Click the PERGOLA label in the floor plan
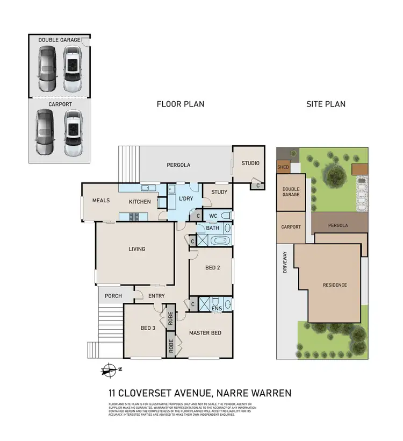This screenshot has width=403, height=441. [178, 165]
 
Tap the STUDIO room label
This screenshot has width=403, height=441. [250, 163]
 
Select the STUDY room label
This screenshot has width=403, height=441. [219, 192]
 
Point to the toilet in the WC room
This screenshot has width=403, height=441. [228, 216]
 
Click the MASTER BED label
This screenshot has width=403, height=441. [205, 333]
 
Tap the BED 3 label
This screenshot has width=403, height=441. [148, 328]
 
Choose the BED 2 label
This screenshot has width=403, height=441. [213, 268]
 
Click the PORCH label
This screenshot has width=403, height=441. [113, 296]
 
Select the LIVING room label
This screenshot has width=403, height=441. [136, 249]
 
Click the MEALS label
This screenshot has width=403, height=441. [100, 201]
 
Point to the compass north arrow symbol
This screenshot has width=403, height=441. [110, 369]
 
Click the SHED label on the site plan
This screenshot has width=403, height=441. [283, 167]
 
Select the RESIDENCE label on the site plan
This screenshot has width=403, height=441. [334, 285]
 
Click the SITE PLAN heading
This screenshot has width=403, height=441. [326, 104]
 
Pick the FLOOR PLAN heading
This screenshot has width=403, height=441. [180, 104]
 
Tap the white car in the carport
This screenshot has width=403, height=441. [73, 131]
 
